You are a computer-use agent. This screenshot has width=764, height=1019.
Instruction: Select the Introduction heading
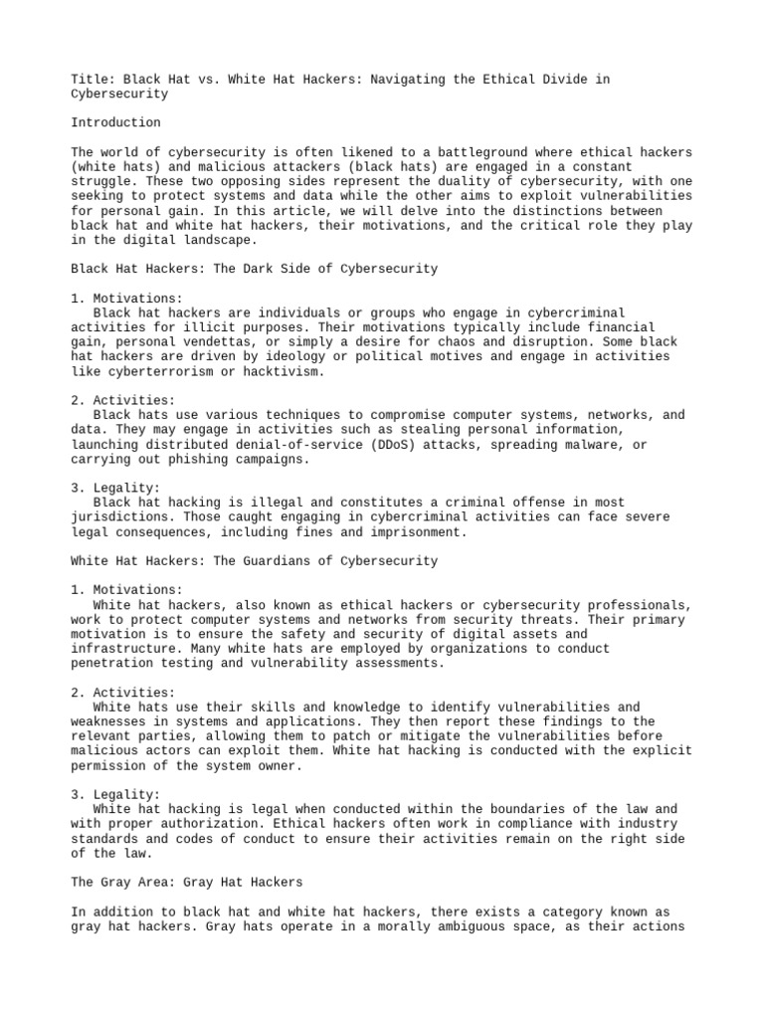click(x=115, y=122)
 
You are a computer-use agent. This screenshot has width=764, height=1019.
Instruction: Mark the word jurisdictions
click(x=117, y=517)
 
